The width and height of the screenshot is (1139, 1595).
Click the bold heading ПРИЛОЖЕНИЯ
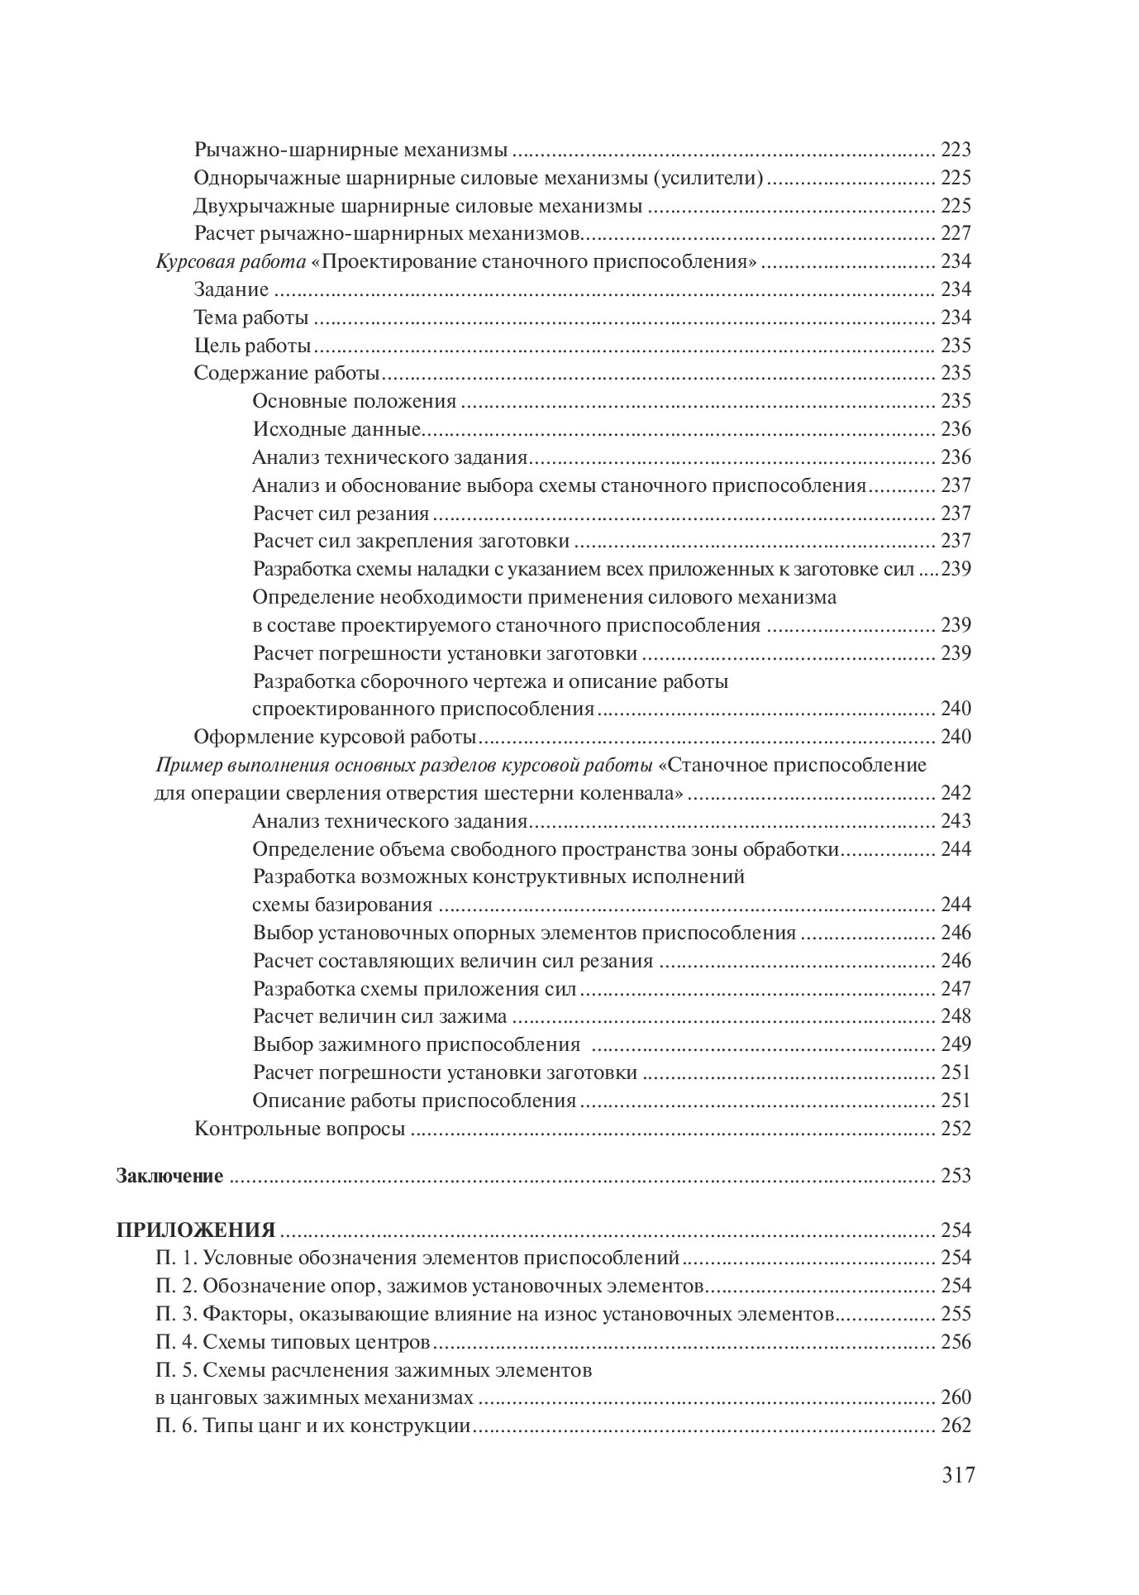(196, 1230)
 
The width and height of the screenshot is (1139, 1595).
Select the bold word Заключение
(169, 1176)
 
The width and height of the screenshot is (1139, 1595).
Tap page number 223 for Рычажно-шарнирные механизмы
(956, 150)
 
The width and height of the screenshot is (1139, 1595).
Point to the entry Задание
(231, 290)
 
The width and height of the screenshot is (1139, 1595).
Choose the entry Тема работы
(251, 318)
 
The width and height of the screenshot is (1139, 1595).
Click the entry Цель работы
(252, 346)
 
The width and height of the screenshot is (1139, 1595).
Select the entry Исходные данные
(337, 430)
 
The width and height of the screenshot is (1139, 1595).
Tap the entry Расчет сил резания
(341, 513)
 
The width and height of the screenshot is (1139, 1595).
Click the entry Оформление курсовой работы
(335, 737)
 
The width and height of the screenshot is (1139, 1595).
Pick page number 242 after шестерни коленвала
(956, 794)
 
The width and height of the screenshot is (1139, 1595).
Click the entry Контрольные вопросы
(299, 1129)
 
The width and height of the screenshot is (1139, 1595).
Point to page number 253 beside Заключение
(956, 1176)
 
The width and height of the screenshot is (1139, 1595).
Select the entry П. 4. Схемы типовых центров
(293, 1342)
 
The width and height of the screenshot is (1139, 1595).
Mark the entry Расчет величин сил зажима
(379, 1016)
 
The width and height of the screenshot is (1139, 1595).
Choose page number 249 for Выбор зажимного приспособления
(956, 1044)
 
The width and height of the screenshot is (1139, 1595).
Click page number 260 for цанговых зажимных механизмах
(956, 1398)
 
